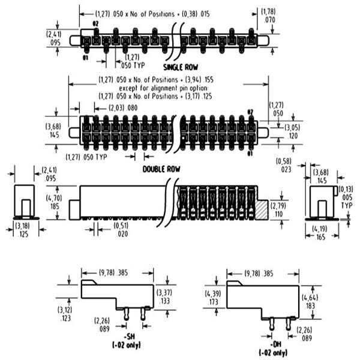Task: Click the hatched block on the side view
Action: pyautogui.click(x=263, y=209)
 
